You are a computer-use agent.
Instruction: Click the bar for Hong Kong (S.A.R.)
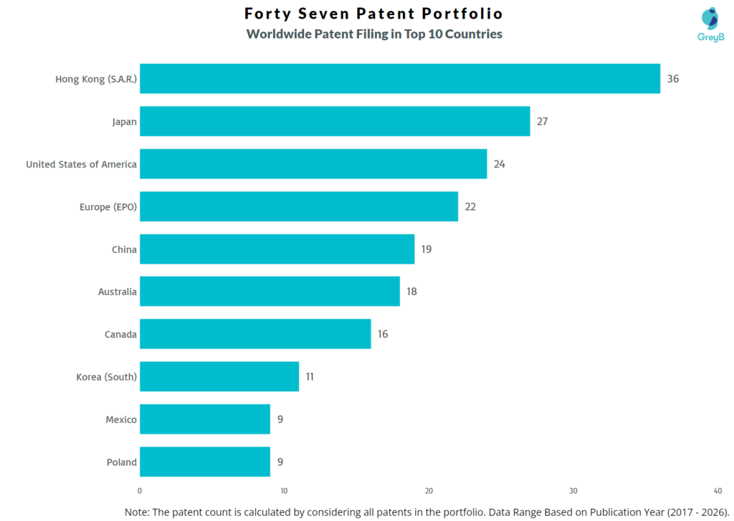[399, 79]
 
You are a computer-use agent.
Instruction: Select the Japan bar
[335, 121]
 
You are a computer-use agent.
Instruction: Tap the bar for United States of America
[313, 164]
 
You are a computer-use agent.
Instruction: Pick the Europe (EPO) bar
[299, 206]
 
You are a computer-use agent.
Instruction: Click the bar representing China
[277, 249]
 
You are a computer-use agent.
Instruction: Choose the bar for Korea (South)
[219, 376]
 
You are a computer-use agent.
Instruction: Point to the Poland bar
[205, 462]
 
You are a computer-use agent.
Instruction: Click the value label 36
[672, 79]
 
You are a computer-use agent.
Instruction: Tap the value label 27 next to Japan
[542, 121]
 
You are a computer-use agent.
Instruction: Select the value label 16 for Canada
[383, 334]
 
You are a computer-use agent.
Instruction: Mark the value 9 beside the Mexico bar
[280, 419]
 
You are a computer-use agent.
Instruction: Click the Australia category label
[117, 292]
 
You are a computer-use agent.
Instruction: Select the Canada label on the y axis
[120, 334]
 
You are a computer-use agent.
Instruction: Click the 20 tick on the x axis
[429, 491]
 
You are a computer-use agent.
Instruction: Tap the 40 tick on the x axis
[718, 491]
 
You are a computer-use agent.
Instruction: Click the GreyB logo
[710, 24]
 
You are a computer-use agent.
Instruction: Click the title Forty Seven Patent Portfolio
[373, 14]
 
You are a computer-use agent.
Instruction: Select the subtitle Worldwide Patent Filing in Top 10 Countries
[373, 34]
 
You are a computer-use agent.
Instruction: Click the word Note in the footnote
[138, 512]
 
